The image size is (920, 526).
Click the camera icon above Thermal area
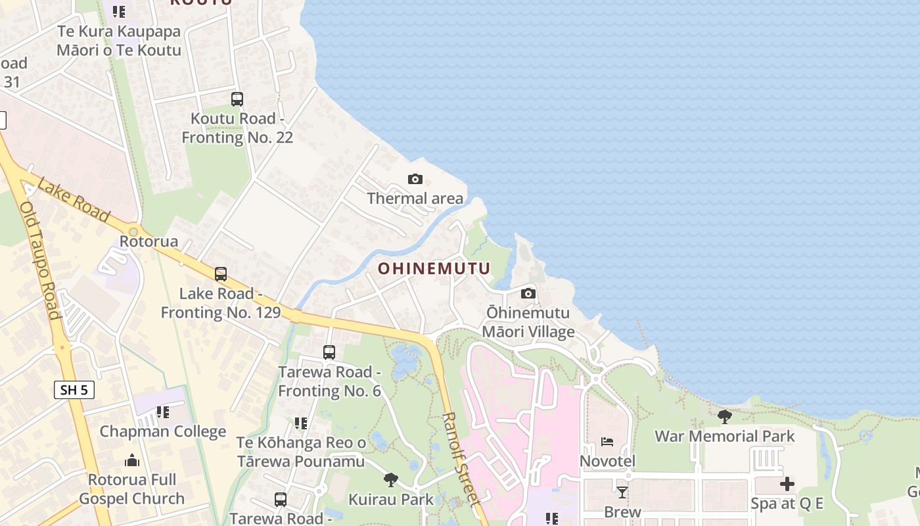click(x=415, y=179)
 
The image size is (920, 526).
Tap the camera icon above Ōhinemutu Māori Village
click(x=528, y=293)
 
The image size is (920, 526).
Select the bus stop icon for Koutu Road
click(x=237, y=99)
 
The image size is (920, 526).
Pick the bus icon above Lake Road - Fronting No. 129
click(x=221, y=274)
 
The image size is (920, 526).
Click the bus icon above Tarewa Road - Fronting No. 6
click(x=329, y=352)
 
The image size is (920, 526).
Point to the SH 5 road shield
click(x=74, y=390)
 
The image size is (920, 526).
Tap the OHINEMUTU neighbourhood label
click(x=434, y=268)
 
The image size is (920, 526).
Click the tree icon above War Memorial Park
click(x=725, y=416)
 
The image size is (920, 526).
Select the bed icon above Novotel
click(x=607, y=441)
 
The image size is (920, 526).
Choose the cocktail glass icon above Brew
click(x=622, y=492)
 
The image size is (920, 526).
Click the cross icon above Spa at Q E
click(x=787, y=485)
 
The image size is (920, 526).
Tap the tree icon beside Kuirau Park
click(x=391, y=480)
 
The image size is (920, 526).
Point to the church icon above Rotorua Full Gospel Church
click(x=132, y=460)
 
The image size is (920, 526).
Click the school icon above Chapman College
click(x=162, y=412)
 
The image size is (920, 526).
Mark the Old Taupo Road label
click(x=40, y=260)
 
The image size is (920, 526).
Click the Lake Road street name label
click(x=73, y=199)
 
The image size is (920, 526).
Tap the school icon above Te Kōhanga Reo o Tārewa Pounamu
click(x=300, y=423)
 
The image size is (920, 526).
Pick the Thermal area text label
click(x=415, y=198)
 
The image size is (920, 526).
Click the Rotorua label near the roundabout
click(x=149, y=241)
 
